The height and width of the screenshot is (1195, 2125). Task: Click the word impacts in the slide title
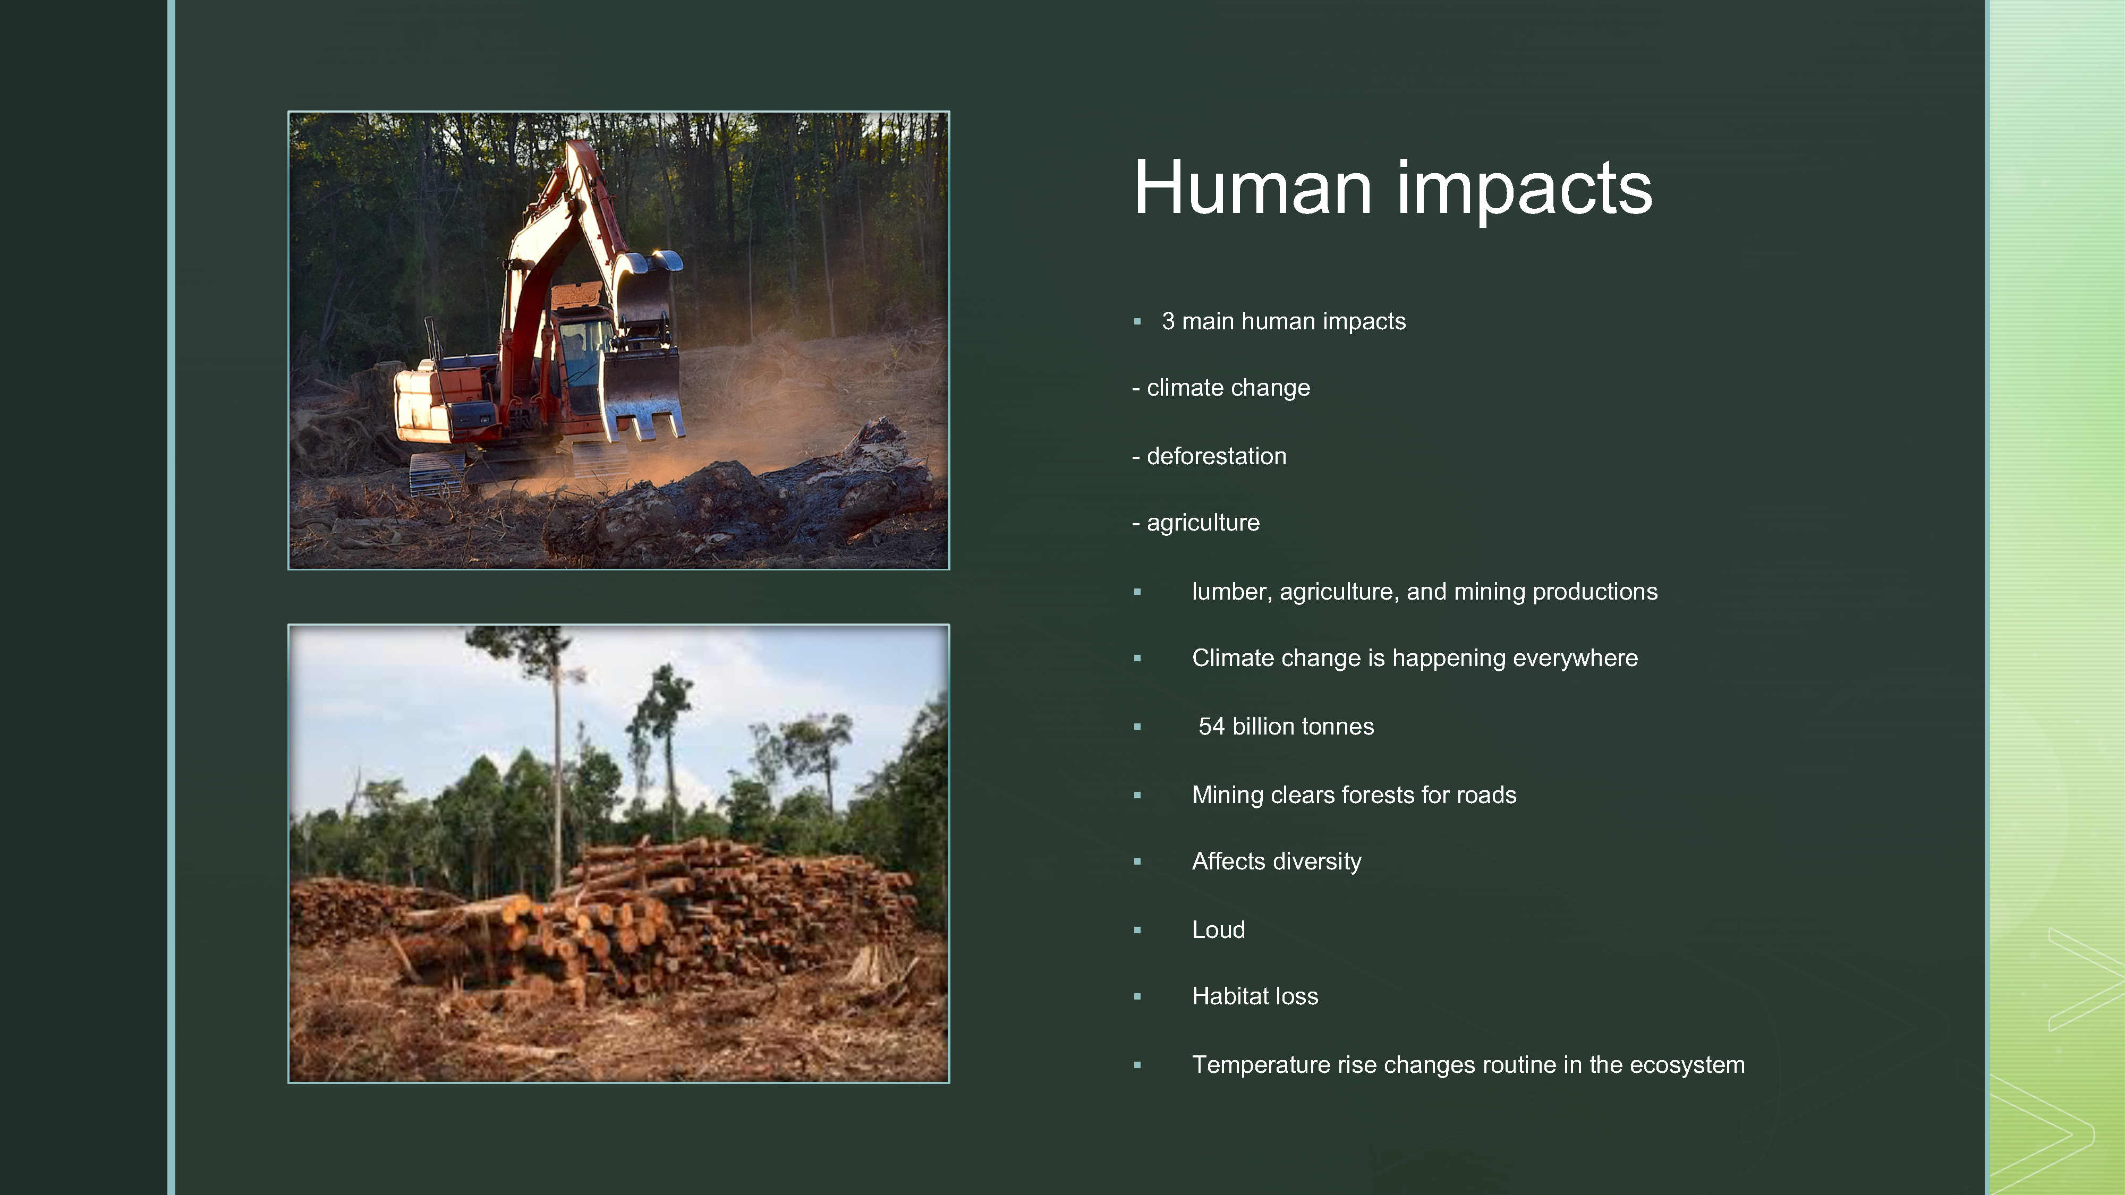tap(1525, 191)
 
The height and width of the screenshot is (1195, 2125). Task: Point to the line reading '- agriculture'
tap(1196, 523)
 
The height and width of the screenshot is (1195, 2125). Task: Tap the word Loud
tap(1218, 929)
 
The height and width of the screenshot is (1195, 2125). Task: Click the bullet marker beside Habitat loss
tap(1137, 996)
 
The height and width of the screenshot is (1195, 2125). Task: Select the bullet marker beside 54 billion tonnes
tap(1137, 727)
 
